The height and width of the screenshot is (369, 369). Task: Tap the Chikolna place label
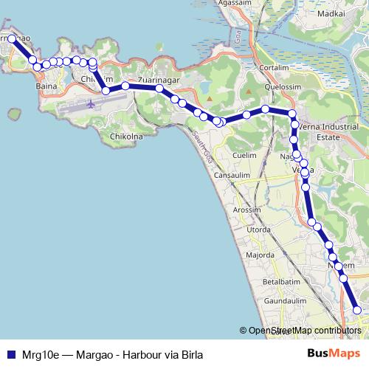[x=127, y=137]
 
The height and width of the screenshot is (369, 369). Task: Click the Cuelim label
[x=244, y=155]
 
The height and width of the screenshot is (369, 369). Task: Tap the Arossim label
[x=247, y=210]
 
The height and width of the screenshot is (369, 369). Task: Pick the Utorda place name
[x=258, y=230]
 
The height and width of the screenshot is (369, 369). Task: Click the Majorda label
[x=261, y=255]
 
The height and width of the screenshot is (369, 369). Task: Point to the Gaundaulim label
[x=284, y=301]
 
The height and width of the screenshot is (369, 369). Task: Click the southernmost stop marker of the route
[x=358, y=311]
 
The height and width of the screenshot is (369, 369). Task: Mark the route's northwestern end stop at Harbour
[x=13, y=38]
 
